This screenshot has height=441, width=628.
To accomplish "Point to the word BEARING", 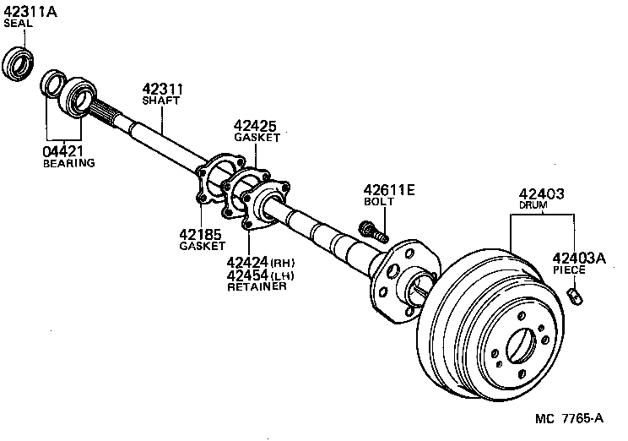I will click(x=68, y=163).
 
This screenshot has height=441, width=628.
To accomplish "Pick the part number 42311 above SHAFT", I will click(x=163, y=90).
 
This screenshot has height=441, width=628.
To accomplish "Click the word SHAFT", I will click(x=162, y=102).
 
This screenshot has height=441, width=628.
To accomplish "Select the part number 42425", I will click(x=255, y=127).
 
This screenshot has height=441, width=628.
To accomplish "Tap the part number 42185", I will click(x=200, y=234).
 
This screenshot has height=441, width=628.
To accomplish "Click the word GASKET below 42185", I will click(x=200, y=247).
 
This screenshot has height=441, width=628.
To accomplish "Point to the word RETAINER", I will click(x=257, y=287).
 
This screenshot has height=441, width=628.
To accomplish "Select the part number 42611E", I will click(x=389, y=190).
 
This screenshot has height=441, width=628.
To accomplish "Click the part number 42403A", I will click(x=579, y=258).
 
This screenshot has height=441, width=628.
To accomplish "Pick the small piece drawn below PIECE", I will click(x=576, y=297).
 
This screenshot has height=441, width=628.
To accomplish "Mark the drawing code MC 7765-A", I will click(x=570, y=418).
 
